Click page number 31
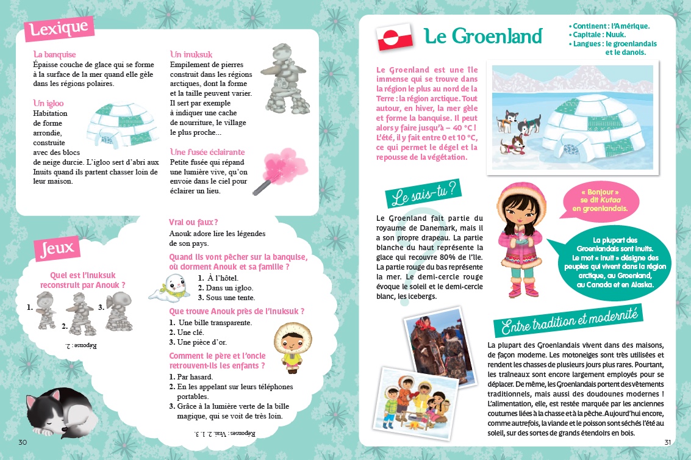click(x=667, y=442)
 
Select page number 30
click(x=23, y=442)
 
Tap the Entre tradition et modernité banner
click(x=568, y=320)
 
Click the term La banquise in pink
click(x=55, y=54)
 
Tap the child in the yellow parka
click(x=287, y=347)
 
